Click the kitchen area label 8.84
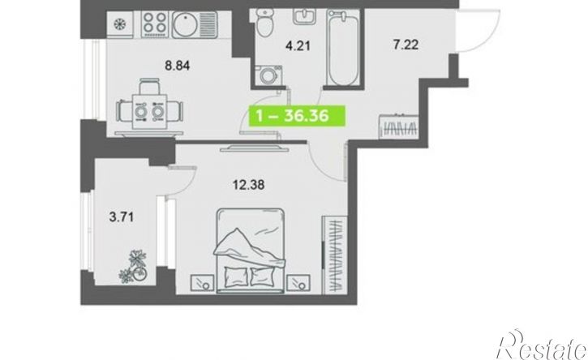178,66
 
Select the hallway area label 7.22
406,45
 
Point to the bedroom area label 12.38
248,185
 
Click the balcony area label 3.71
121,216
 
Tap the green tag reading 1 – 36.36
297,116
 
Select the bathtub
343,47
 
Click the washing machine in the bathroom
268,75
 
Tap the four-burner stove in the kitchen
155,23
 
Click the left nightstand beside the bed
202,283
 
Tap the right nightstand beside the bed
298,283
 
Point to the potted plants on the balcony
133,266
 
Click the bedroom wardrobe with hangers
334,255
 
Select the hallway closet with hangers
399,126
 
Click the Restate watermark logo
541,345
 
